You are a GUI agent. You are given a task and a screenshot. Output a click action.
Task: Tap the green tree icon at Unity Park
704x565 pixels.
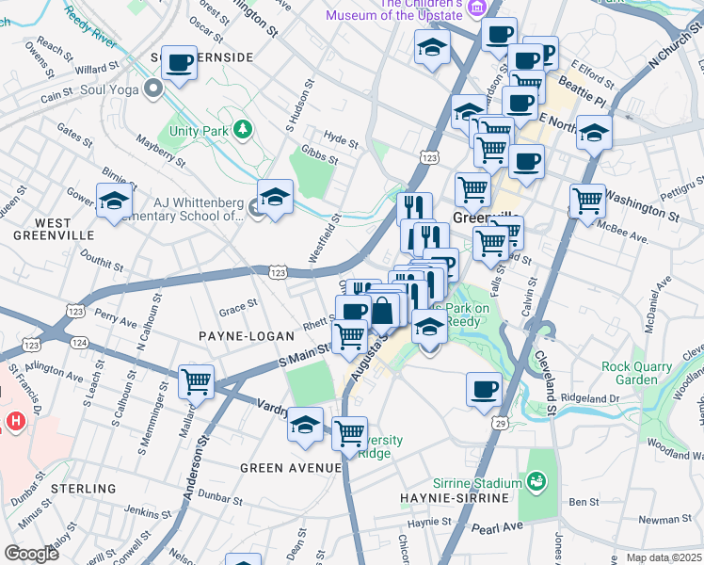pyautogui.click(x=243, y=130)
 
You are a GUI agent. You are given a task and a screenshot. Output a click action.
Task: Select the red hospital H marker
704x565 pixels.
pyautogui.click(x=14, y=421)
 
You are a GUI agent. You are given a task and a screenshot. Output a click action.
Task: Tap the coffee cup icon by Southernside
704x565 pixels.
pyautogui.click(x=179, y=63)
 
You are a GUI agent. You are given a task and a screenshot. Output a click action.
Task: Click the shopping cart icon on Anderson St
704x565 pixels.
pyautogui.click(x=196, y=381)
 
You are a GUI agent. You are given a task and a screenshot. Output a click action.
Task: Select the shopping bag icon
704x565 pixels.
pyautogui.click(x=383, y=309)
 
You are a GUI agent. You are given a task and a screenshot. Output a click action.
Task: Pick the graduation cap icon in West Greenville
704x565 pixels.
pyautogui.click(x=114, y=201)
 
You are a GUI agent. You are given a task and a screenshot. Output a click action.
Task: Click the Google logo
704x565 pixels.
pyautogui.click(x=32, y=554)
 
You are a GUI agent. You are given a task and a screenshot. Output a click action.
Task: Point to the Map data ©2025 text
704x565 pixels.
pyautogui.click(x=664, y=557)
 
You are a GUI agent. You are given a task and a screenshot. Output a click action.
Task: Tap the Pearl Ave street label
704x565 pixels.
pyautogui.click(x=496, y=528)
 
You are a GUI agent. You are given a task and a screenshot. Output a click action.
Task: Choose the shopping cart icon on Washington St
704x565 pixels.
pyautogui.click(x=587, y=201)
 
